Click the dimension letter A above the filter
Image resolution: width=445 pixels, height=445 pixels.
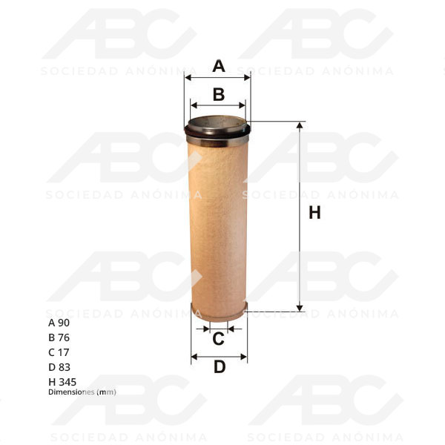pyautogui.click(x=219, y=67)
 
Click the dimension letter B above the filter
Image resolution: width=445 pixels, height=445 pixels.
pyautogui.click(x=219, y=95)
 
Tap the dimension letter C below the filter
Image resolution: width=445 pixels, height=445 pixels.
pyautogui.click(x=219, y=340)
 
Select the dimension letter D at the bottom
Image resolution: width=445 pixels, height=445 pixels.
pyautogui.click(x=219, y=366)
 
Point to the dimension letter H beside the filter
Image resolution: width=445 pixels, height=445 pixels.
pyautogui.click(x=314, y=213)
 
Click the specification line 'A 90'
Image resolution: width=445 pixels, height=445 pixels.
pyautogui.click(x=59, y=323)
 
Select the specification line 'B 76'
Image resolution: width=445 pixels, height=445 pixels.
pyautogui.click(x=59, y=337)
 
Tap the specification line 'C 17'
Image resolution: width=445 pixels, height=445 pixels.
pyautogui.click(x=59, y=352)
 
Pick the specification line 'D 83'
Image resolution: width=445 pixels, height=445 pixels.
pyautogui.click(x=59, y=367)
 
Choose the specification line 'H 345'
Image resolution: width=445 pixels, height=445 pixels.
pyautogui.click(x=62, y=382)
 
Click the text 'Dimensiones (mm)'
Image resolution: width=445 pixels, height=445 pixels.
pyautogui.click(x=82, y=392)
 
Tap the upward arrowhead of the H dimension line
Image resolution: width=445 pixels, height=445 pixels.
pyautogui.click(x=300, y=126)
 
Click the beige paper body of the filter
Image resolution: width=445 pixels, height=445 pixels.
pyautogui.click(x=218, y=222)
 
